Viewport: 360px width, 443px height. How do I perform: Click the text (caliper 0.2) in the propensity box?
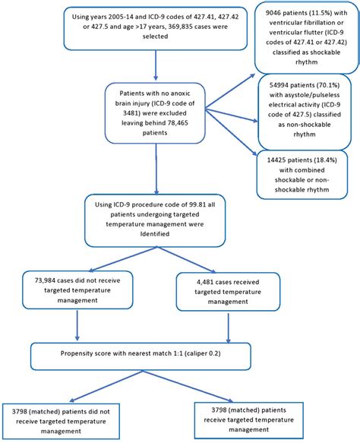(x=215, y=353)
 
